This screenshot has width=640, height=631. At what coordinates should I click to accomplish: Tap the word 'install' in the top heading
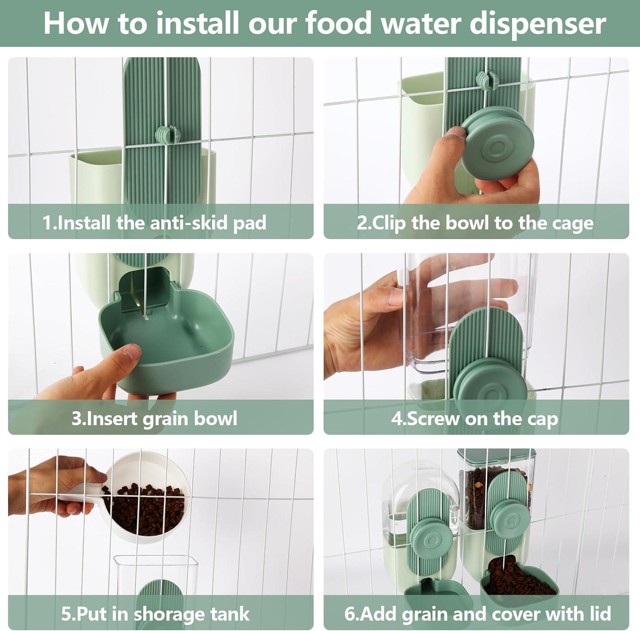click(x=198, y=23)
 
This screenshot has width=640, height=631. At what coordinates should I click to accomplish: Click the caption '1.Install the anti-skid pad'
click(x=154, y=223)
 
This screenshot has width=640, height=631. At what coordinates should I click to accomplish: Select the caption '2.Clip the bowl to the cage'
click(x=475, y=223)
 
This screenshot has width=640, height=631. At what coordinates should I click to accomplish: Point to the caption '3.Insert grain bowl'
click(x=154, y=418)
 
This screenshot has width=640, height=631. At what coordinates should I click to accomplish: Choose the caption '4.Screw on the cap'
click(x=474, y=418)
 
